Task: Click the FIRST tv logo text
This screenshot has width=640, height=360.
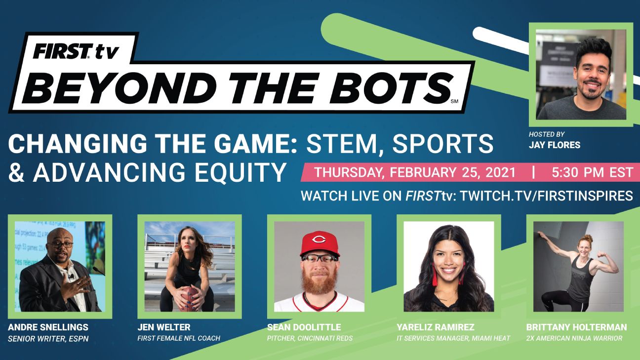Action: pos(76,51)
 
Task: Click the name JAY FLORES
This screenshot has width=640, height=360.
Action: pos(554,145)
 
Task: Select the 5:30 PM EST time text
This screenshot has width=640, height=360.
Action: pos(592,172)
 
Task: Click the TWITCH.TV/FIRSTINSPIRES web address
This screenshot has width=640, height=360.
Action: pos(547,196)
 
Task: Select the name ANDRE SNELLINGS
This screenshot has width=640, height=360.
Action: pos(48,327)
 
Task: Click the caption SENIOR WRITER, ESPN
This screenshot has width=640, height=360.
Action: pos(48,339)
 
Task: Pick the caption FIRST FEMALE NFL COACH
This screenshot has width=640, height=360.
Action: pos(179,339)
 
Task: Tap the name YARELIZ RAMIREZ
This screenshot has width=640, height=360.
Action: pos(436,327)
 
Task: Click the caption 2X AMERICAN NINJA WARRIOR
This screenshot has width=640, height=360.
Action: pos(574,339)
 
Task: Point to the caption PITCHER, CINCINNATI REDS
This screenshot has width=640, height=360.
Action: pos(310,339)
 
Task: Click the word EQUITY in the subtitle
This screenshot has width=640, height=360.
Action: pos(240,172)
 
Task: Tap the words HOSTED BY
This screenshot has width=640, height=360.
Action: pos(547,134)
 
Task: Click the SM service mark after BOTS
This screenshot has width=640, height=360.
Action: pos(454,101)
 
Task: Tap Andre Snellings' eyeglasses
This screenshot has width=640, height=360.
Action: pos(61,245)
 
